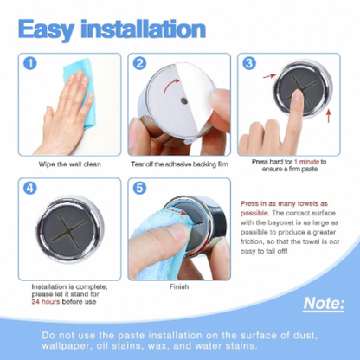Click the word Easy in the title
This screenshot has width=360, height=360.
46,29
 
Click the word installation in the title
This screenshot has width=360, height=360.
144,29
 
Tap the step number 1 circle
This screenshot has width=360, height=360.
30,63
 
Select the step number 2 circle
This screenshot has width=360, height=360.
139,63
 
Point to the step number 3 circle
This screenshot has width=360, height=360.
249,63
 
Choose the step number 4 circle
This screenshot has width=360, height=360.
30,188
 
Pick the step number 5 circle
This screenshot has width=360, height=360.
139,188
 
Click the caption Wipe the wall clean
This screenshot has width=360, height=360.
70,164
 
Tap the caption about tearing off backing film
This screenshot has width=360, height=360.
179,164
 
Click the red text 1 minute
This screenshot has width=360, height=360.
306,162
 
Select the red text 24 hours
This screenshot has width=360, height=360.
46,302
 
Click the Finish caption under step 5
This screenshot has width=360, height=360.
179,286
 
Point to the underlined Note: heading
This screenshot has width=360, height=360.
324,304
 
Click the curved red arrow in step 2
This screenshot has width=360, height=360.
170,84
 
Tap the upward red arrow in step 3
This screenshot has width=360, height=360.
328,116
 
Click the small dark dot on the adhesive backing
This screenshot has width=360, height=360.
183,101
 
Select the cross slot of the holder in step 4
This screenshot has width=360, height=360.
69,228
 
